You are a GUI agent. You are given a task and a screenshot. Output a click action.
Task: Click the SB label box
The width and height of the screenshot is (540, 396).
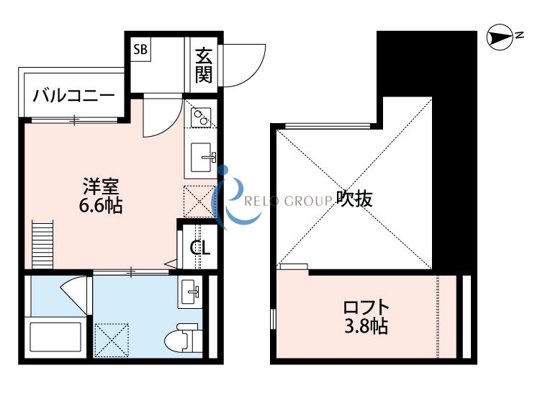[140, 50]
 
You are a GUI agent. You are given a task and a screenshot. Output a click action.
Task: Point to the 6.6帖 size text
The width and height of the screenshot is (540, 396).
[100, 207]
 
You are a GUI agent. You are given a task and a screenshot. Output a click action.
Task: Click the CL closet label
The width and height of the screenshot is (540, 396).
[199, 248]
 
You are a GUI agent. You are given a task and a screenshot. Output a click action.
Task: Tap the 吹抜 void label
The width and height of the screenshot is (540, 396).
[354, 199]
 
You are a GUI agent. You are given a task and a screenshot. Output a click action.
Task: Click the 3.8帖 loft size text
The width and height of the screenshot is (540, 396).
[366, 327]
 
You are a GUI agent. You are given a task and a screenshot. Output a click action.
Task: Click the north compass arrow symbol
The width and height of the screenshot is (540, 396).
[498, 35]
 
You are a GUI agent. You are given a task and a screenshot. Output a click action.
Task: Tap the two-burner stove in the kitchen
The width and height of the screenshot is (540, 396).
[200, 117]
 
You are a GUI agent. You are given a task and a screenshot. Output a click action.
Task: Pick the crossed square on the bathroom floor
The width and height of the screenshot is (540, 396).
[112, 338]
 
